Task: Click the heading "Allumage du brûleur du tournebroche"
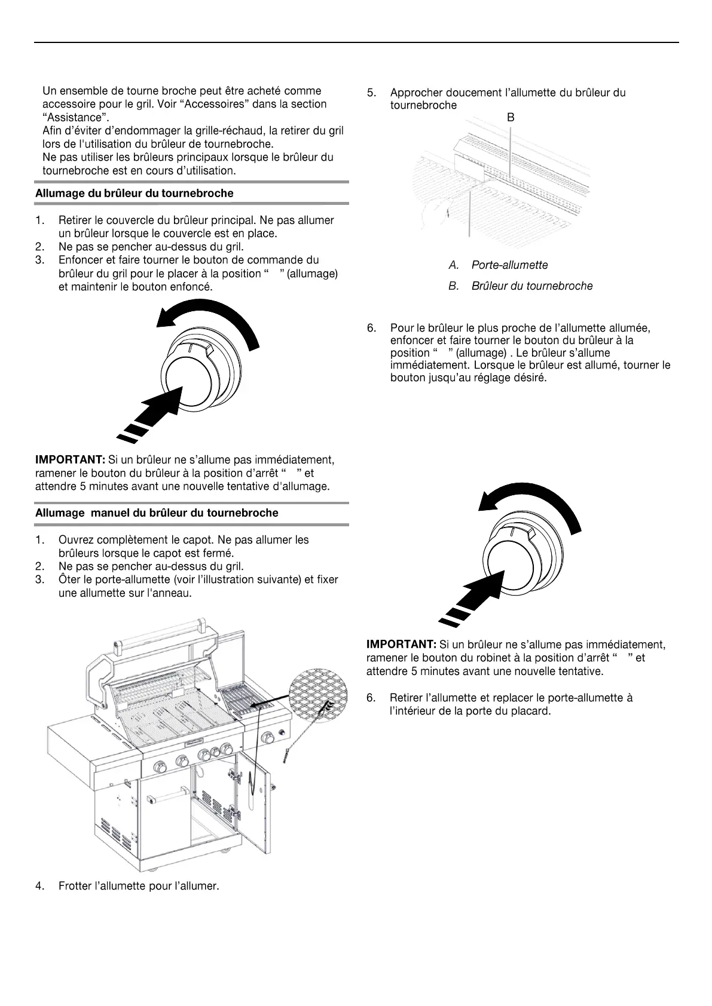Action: (134, 194)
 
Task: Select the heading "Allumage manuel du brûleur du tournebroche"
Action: (157, 513)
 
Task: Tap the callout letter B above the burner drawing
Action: (511, 118)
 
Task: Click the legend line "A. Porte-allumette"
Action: (498, 265)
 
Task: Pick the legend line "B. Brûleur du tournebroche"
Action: (520, 286)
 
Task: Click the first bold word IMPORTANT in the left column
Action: (70, 460)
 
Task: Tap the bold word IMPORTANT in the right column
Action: (401, 645)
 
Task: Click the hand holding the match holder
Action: (433, 213)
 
